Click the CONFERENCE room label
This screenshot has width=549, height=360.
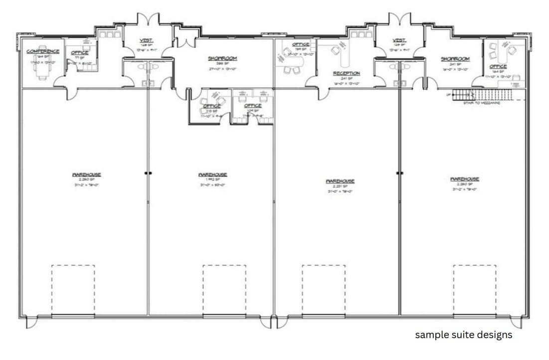click(43, 51)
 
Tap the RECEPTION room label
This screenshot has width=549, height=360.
click(347, 73)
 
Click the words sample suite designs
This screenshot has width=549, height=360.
click(463, 335)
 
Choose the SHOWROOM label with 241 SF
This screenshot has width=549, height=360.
click(455, 59)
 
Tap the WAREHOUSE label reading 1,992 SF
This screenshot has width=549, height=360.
click(213, 175)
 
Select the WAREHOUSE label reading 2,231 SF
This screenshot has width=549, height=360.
click(340, 181)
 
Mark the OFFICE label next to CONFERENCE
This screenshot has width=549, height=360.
click(80, 52)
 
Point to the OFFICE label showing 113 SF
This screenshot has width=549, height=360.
click(212, 106)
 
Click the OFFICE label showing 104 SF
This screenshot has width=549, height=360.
click(253, 105)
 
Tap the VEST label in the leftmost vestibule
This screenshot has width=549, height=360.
click(146, 40)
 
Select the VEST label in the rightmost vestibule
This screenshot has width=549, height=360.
click(399, 40)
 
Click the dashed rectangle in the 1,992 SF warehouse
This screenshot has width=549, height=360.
click(224, 290)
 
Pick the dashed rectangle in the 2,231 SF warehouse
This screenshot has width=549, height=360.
click(323, 290)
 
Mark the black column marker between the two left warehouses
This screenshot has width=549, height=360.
click(148, 174)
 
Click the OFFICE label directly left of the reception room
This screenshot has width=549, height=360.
click(300, 44)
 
